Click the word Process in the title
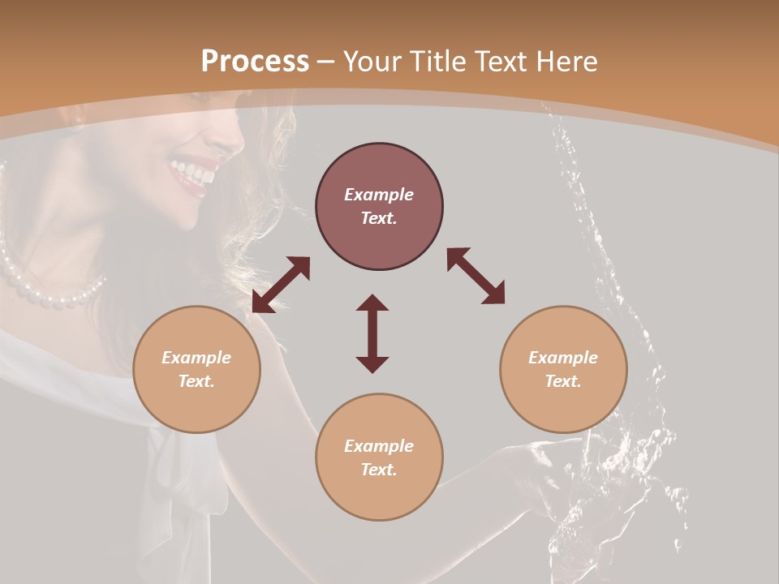tap(255, 62)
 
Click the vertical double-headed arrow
tap(372, 333)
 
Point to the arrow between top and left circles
tap(281, 285)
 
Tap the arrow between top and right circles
tap(476, 276)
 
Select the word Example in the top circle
tap(379, 195)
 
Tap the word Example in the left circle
tap(196, 358)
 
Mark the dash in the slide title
tap(326, 62)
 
